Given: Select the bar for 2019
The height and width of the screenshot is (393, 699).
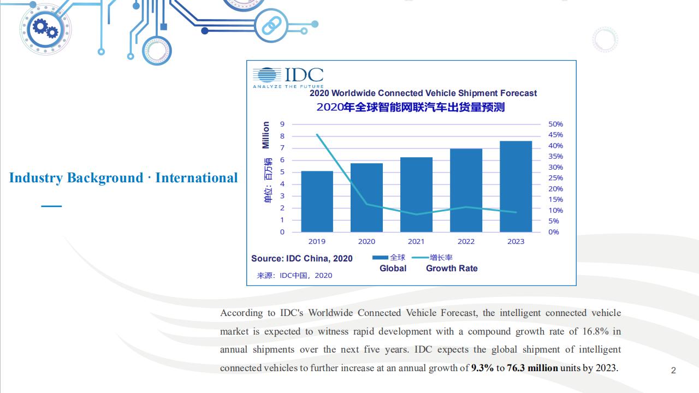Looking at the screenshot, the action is tap(317, 201).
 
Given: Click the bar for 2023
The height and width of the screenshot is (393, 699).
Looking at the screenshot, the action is tap(516, 187).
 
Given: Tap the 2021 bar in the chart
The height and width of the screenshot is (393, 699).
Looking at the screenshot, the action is tap(416, 195).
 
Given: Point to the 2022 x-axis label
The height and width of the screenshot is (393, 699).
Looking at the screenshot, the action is tap(466, 241).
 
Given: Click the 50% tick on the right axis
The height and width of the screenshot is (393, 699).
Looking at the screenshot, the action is tap(555, 124).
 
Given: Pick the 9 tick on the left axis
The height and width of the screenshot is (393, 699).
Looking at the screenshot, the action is tap(282, 124).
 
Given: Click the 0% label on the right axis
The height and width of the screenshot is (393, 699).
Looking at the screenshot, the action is tap(554, 232).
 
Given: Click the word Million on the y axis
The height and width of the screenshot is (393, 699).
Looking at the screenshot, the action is tap(265, 135).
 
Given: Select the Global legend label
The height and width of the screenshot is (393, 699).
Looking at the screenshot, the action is tap(393, 268).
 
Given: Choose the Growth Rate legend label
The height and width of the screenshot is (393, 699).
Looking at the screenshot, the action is tap(452, 268).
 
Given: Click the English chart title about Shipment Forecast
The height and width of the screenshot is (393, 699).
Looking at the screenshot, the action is tap(423, 93).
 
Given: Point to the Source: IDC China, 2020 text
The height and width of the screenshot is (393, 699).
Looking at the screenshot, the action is tap(302, 259).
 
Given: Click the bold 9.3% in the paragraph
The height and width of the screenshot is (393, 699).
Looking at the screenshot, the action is tap(482, 368).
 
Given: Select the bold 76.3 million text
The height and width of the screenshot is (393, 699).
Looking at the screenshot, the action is tap(532, 368).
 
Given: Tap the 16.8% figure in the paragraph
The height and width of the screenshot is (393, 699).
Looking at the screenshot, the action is tap(595, 331).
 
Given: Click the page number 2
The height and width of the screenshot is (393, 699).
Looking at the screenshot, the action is tap(673, 371).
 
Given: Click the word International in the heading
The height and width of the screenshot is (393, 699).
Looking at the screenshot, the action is tap(197, 178).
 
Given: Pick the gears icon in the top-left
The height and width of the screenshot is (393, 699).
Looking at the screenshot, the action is tap(45, 29).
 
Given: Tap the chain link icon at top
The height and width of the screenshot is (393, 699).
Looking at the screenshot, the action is tap(271, 26).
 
